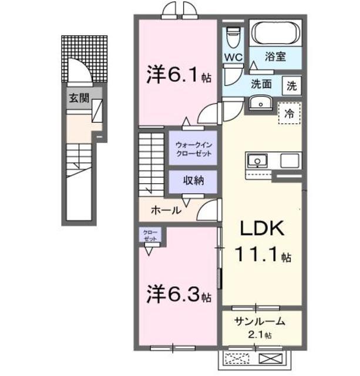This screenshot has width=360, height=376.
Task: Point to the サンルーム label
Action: [260, 321]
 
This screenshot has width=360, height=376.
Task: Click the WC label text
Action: [233, 57]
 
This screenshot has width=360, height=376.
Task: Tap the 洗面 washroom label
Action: [261, 83]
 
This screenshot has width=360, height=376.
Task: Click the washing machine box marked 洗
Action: [291, 85]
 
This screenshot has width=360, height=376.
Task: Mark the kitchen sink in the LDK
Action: [257, 161]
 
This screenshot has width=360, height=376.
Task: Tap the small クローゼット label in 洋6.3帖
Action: [150, 236]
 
